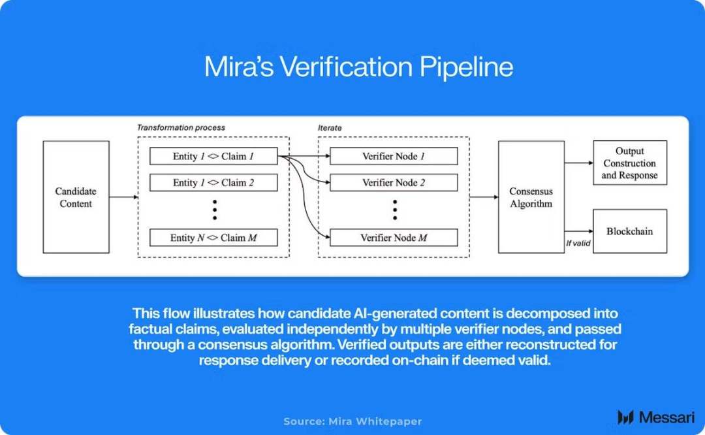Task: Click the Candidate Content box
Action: (x=76, y=197)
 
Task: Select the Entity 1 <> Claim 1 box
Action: (x=213, y=156)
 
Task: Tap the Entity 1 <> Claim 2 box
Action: (x=213, y=183)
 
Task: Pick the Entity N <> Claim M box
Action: (x=213, y=238)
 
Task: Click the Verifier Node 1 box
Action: (x=394, y=156)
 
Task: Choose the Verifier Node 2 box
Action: (x=394, y=183)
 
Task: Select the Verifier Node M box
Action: (x=394, y=238)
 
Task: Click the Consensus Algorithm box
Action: (x=531, y=197)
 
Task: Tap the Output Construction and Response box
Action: (x=630, y=163)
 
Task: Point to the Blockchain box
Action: (x=630, y=231)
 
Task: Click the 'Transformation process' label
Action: (x=181, y=128)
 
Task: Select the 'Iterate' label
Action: (x=330, y=128)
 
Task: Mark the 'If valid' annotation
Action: (x=578, y=244)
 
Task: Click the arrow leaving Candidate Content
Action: (x=123, y=197)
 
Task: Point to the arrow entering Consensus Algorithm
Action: (x=484, y=197)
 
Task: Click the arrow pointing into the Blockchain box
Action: (x=579, y=231)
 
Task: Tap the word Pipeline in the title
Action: (x=466, y=67)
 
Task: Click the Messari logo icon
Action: (x=625, y=417)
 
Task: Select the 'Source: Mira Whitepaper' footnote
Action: (x=352, y=421)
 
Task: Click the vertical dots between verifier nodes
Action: (x=395, y=210)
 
